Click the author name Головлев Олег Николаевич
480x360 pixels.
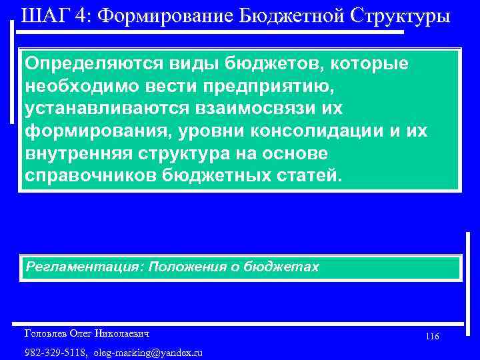[x=86, y=332]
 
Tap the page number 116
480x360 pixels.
[x=431, y=337]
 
